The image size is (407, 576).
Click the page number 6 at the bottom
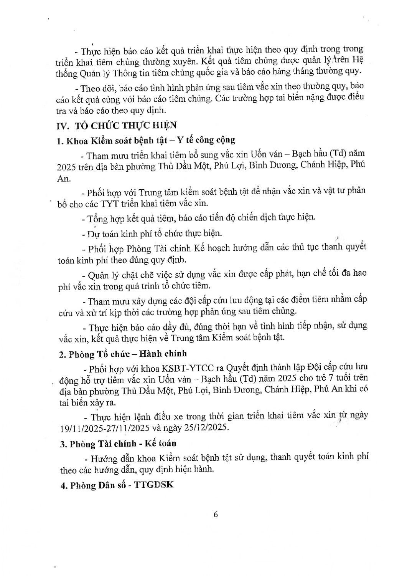tap(216, 515)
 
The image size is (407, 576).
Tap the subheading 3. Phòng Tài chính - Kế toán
tap(118, 444)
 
